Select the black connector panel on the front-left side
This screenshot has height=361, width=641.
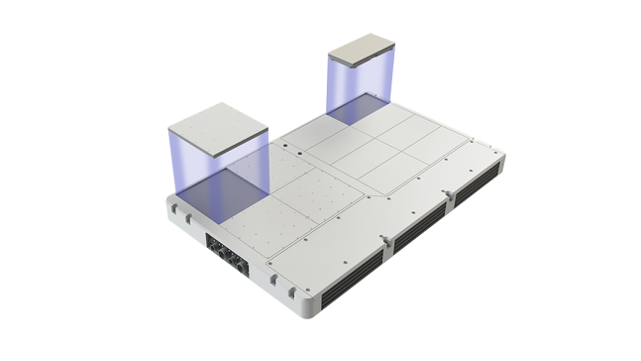pyautogui.click(x=225, y=251)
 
